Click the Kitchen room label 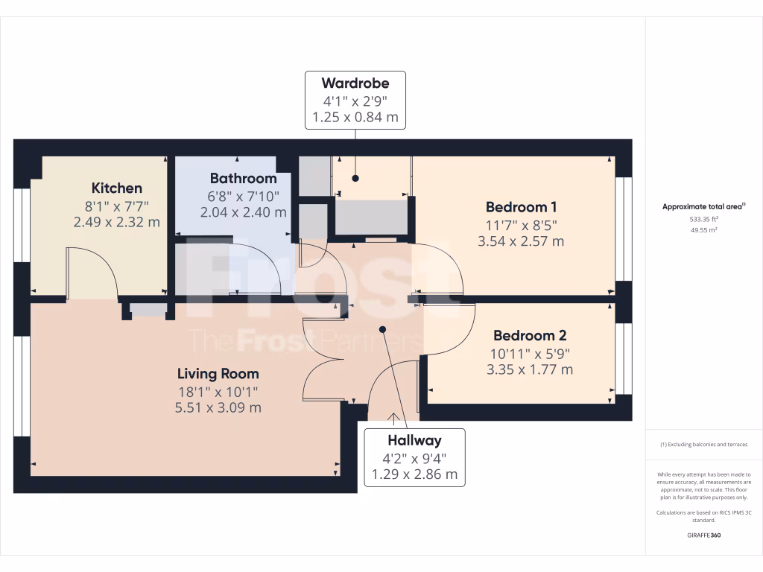116,188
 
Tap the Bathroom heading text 243,179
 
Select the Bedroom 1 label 521,207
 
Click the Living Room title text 218,374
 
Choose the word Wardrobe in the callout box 355,83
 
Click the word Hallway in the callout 414,441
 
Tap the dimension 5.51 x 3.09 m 218,408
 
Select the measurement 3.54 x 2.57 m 521,241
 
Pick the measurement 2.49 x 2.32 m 116,222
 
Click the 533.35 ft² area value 703,220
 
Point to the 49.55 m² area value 703,231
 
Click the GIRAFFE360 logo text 703,536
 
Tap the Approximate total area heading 703,207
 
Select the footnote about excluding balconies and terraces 703,445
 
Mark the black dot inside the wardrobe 355,179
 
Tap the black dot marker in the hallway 383,328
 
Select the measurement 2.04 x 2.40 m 243,212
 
